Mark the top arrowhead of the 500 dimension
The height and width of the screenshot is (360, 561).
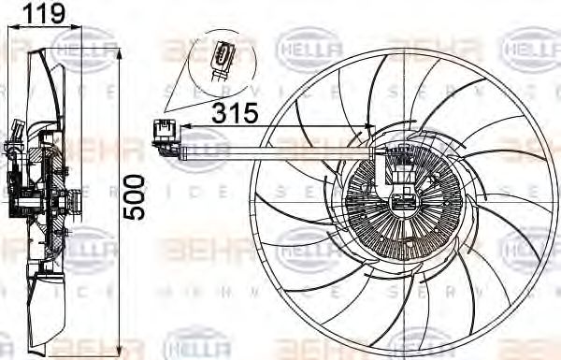[x=119, y=53]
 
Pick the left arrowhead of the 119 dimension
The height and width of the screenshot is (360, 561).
[x=9, y=28]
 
